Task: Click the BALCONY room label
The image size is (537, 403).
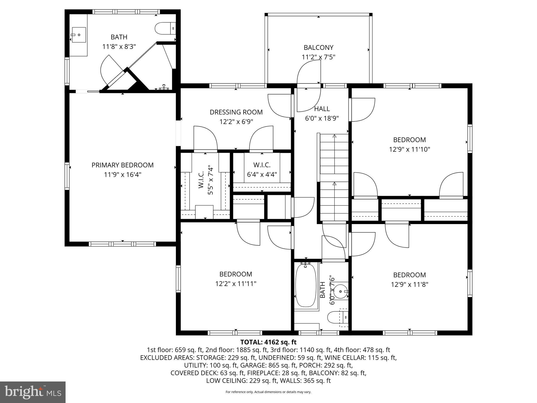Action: [x=318, y=47]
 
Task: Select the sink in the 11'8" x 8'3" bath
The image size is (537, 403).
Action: [x=78, y=35]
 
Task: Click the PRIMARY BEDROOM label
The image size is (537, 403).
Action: [x=122, y=165]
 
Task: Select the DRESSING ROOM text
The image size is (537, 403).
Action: [x=236, y=112]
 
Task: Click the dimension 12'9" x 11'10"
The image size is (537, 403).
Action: [x=409, y=149]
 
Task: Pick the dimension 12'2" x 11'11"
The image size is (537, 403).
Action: [x=236, y=284]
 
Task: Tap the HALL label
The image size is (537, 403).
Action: [x=322, y=109]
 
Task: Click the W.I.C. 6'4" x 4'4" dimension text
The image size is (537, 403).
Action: [x=262, y=174]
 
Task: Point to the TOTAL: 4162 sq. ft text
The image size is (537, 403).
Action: [x=268, y=342]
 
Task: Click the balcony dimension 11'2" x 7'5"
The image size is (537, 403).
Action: [x=318, y=57]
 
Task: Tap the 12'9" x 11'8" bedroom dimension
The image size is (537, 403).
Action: [x=409, y=284]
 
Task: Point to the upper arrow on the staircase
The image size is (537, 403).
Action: [x=334, y=136]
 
